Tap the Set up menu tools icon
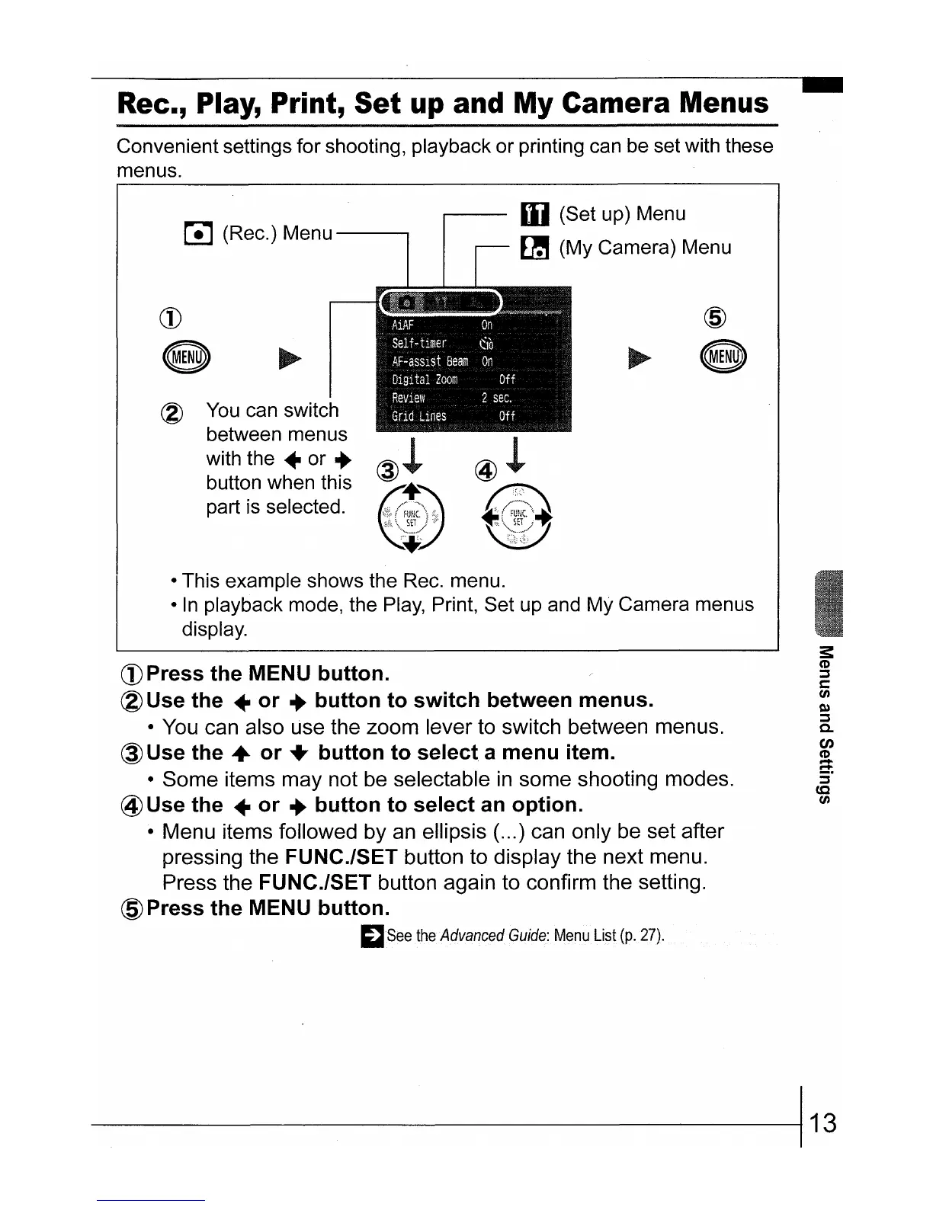(534, 215)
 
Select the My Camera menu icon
(534, 248)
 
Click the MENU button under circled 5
(725, 356)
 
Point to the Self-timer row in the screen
(473, 343)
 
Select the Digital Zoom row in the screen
(473, 379)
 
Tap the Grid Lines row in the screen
(473, 416)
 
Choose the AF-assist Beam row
(473, 361)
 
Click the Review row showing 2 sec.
(473, 398)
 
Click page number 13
(822, 1122)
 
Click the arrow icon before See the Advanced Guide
(374, 936)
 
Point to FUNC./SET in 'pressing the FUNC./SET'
(341, 857)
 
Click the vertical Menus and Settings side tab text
(823, 724)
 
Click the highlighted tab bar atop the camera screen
(440, 303)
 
